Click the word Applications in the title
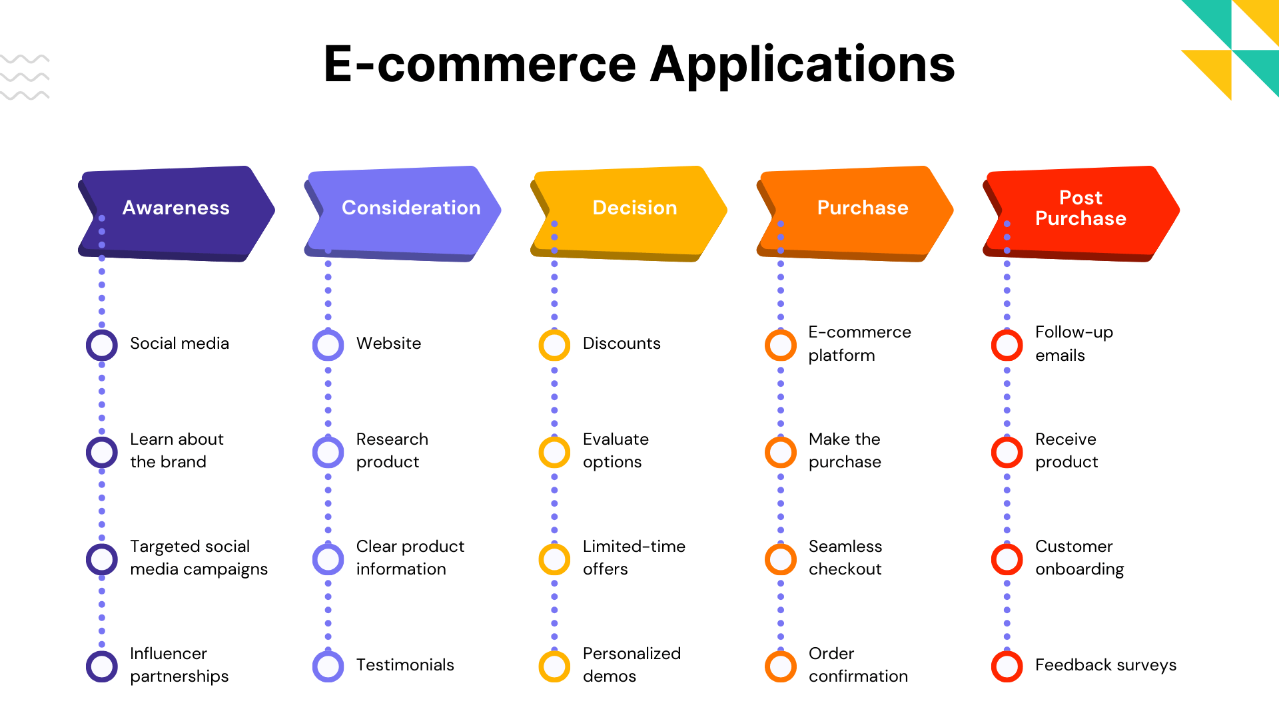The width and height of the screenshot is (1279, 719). pyautogui.click(x=802, y=65)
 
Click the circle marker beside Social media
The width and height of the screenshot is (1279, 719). pyautogui.click(x=102, y=345)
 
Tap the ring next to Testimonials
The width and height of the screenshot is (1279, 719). pyautogui.click(x=328, y=666)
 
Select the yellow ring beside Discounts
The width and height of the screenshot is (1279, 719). pyautogui.click(x=554, y=345)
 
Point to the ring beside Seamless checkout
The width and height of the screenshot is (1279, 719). pyautogui.click(x=781, y=559)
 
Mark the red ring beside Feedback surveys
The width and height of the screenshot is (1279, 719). pyautogui.click(x=1007, y=666)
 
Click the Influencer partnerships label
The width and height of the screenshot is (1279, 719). pyautogui.click(x=179, y=664)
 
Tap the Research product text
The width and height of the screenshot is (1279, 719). pyautogui.click(x=392, y=451)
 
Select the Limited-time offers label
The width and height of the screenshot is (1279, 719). pyautogui.click(x=634, y=558)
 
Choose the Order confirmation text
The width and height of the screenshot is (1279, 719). pyautogui.click(x=858, y=664)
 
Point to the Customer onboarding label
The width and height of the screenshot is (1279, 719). pyautogui.click(x=1079, y=558)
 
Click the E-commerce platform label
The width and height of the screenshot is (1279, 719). pyautogui.click(x=859, y=344)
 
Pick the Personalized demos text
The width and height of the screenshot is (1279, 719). pyautogui.click(x=632, y=664)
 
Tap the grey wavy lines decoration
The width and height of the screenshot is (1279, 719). pyautogui.click(x=25, y=77)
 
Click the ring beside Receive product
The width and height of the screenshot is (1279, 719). pyautogui.click(x=1007, y=452)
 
